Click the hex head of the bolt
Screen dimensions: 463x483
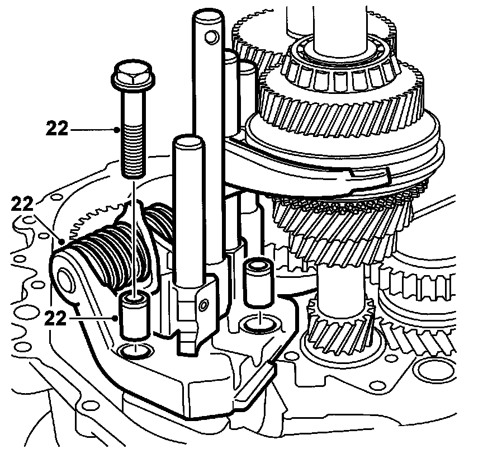pos(129,75)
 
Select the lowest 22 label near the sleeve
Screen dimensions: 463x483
pos(58,318)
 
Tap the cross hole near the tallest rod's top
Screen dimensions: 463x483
pos(210,37)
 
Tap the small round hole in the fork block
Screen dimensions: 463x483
pos(203,304)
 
